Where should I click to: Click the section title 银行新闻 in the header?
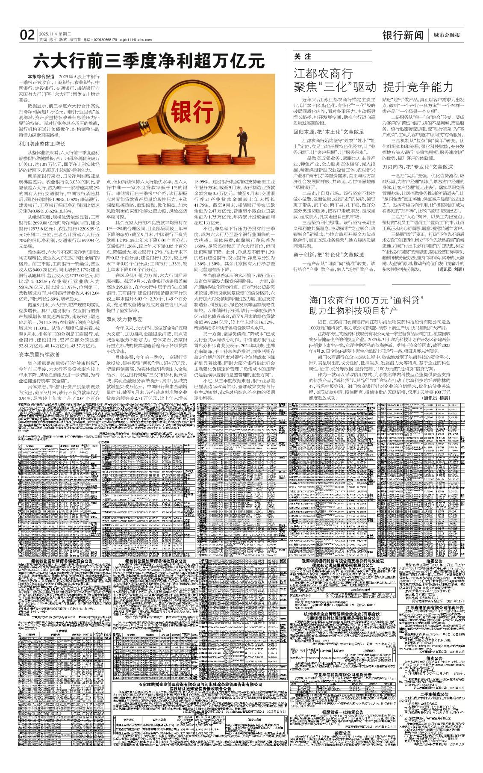click(403, 35)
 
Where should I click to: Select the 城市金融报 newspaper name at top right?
click(447, 36)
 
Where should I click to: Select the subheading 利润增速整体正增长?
click(42, 144)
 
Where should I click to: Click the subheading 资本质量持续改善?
click(39, 355)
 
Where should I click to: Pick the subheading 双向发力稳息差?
click(124, 319)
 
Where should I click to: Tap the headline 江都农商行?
click(323, 73)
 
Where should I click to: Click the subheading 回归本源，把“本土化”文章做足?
click(329, 132)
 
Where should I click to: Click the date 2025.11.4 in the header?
click(47, 33)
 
